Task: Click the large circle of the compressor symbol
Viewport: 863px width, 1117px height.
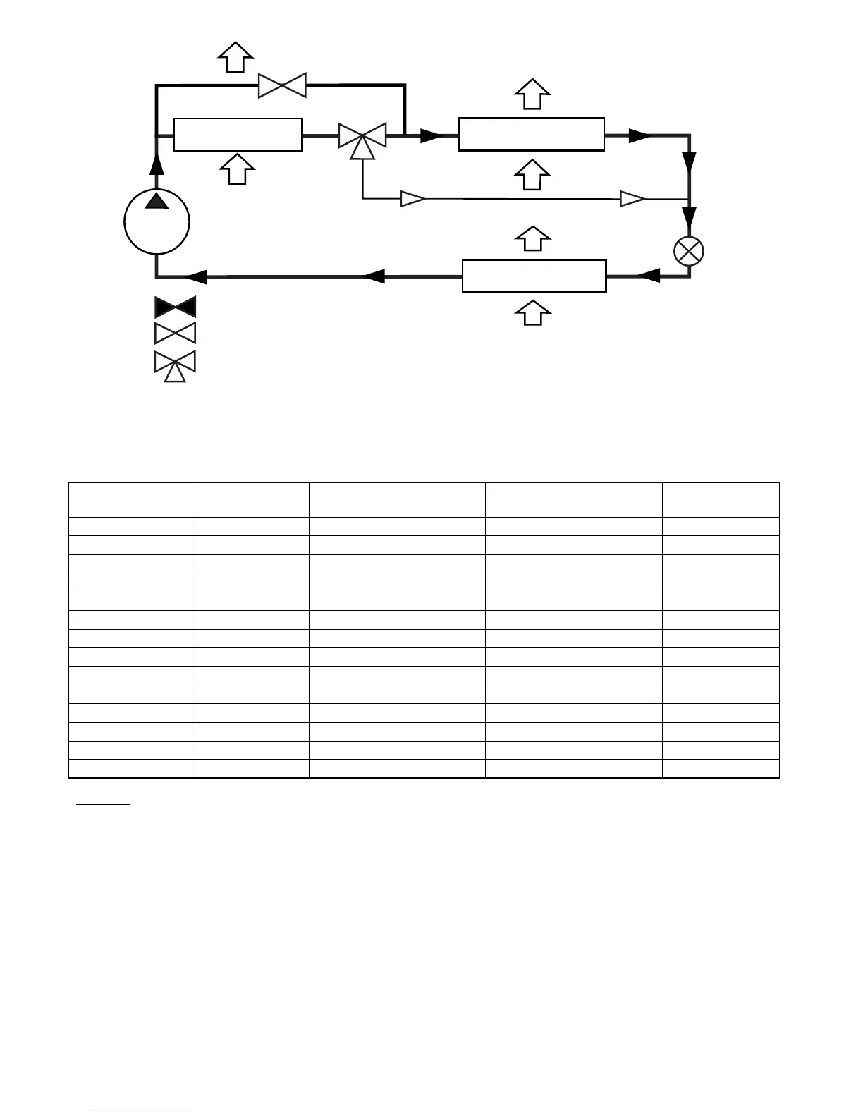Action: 157,223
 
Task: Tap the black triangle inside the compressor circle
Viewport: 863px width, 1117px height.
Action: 157,202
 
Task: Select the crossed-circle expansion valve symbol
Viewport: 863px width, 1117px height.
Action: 689,252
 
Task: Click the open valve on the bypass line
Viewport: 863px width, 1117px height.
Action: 282,85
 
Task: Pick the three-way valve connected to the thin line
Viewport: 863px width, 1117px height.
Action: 362,137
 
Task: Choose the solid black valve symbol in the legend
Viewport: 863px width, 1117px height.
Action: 175,307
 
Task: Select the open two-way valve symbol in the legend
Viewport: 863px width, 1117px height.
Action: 175,333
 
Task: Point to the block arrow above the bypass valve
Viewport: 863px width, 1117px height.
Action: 235,56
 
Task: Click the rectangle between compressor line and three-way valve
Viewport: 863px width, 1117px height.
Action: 238,135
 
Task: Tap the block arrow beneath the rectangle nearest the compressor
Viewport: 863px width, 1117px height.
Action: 237,169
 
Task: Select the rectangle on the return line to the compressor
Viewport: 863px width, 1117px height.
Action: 534,276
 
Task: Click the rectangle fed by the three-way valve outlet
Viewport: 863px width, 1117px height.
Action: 531,134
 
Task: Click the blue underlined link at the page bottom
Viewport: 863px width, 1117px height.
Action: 140,1111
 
